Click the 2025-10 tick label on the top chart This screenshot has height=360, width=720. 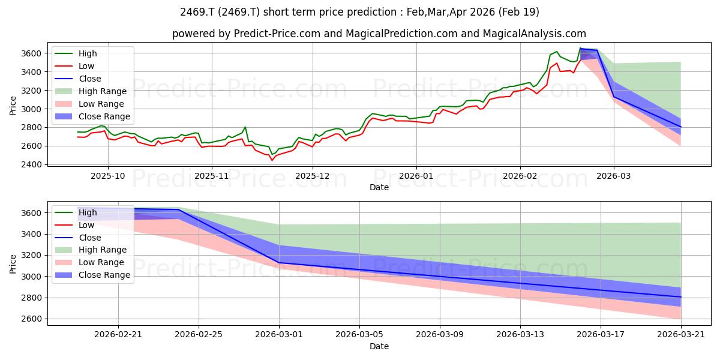click(x=108, y=176)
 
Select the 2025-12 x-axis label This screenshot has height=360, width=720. click(x=313, y=176)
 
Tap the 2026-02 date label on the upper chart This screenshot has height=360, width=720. click(x=520, y=176)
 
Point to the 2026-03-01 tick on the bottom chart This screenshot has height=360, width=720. click(x=279, y=335)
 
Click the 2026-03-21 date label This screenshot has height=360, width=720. click(x=681, y=335)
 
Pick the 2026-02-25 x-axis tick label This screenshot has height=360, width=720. click(x=199, y=335)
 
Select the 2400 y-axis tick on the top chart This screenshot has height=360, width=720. click(x=31, y=164)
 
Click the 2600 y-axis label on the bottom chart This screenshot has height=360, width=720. click(x=31, y=319)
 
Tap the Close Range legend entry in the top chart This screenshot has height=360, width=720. click(x=92, y=116)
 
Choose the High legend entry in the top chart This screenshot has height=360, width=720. click(x=76, y=53)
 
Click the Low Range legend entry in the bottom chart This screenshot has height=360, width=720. click(x=89, y=262)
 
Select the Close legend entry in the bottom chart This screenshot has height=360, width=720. click(x=78, y=238)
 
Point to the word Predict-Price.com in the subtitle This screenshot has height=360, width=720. click(x=277, y=34)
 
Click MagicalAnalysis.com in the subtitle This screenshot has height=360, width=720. click(x=534, y=34)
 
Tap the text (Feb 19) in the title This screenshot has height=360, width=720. click(x=518, y=12)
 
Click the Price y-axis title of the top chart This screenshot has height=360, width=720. click(x=13, y=106)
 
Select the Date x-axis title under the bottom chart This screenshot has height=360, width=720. click(x=379, y=346)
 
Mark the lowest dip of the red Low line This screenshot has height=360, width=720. click(x=272, y=160)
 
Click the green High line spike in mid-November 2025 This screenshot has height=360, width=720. click(x=245, y=127)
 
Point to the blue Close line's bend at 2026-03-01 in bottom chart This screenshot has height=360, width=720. click(x=279, y=263)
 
